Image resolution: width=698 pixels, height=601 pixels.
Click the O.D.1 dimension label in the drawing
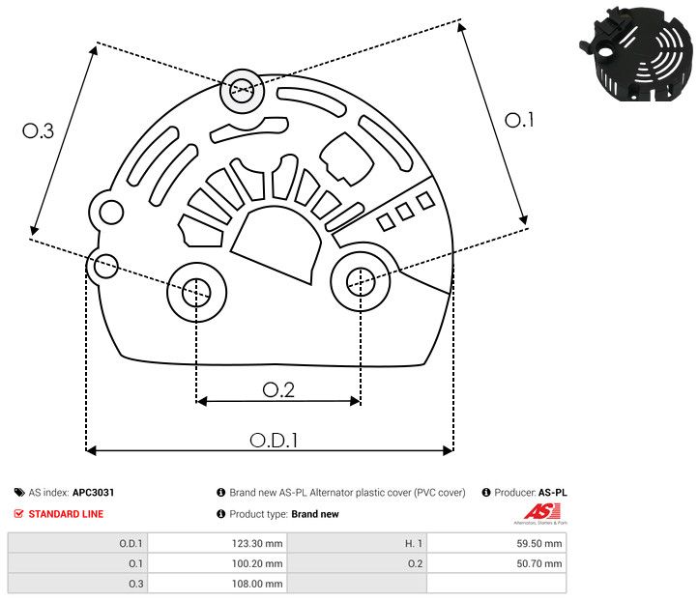[x=274, y=440]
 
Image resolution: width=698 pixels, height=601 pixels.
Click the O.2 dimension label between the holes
[x=278, y=389]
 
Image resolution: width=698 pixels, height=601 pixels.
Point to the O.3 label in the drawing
[x=38, y=130]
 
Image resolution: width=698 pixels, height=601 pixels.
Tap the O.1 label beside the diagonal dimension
[x=519, y=120]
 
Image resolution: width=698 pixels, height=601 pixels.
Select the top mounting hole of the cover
[x=239, y=94]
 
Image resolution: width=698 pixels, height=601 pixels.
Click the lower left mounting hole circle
[x=196, y=289]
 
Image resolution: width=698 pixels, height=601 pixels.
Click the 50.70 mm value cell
[x=538, y=563]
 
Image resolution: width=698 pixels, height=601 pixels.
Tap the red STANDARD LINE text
[x=66, y=514]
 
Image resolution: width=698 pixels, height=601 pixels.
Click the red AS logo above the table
[x=538, y=512]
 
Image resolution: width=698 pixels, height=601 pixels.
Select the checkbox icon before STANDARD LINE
[x=19, y=514]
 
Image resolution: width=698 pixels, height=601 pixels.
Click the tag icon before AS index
[x=19, y=493]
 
